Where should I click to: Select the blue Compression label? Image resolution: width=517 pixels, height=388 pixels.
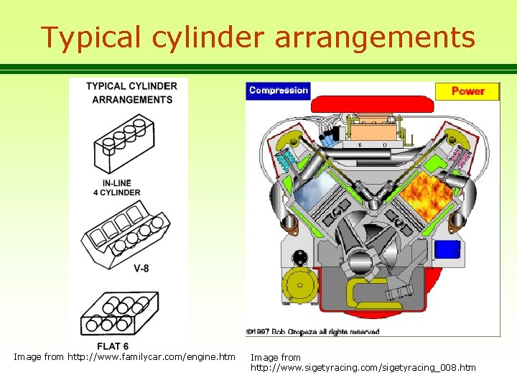point(279,91)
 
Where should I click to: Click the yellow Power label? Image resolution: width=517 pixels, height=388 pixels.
point(467,91)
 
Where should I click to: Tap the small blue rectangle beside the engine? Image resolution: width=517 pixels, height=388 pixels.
point(447,249)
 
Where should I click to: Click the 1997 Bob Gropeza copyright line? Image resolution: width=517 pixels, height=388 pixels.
point(312,332)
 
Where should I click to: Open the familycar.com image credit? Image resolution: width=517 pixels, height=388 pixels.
point(124,357)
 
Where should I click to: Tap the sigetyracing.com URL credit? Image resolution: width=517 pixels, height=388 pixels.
point(363,368)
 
